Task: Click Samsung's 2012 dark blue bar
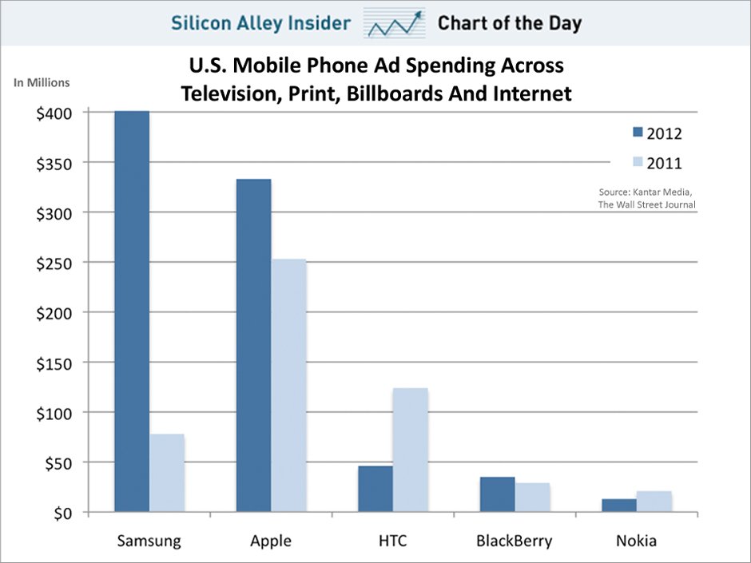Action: click(x=132, y=311)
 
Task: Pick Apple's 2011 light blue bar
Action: click(x=288, y=385)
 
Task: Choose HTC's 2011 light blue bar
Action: click(x=411, y=450)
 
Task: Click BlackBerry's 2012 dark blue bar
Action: click(x=497, y=494)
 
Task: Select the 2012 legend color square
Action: click(x=638, y=133)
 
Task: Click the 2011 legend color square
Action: click(x=638, y=163)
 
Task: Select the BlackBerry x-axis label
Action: click(x=515, y=541)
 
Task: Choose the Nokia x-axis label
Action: click(x=636, y=541)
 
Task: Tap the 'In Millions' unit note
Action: click(x=42, y=82)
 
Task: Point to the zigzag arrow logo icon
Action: click(x=395, y=23)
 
